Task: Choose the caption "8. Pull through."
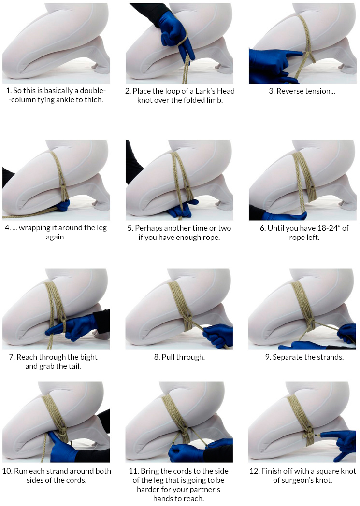click(x=179, y=357)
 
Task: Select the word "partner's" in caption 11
click(x=205, y=490)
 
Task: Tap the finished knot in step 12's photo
click(x=309, y=437)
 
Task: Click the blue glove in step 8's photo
click(x=218, y=336)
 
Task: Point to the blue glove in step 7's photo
click(x=71, y=328)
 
